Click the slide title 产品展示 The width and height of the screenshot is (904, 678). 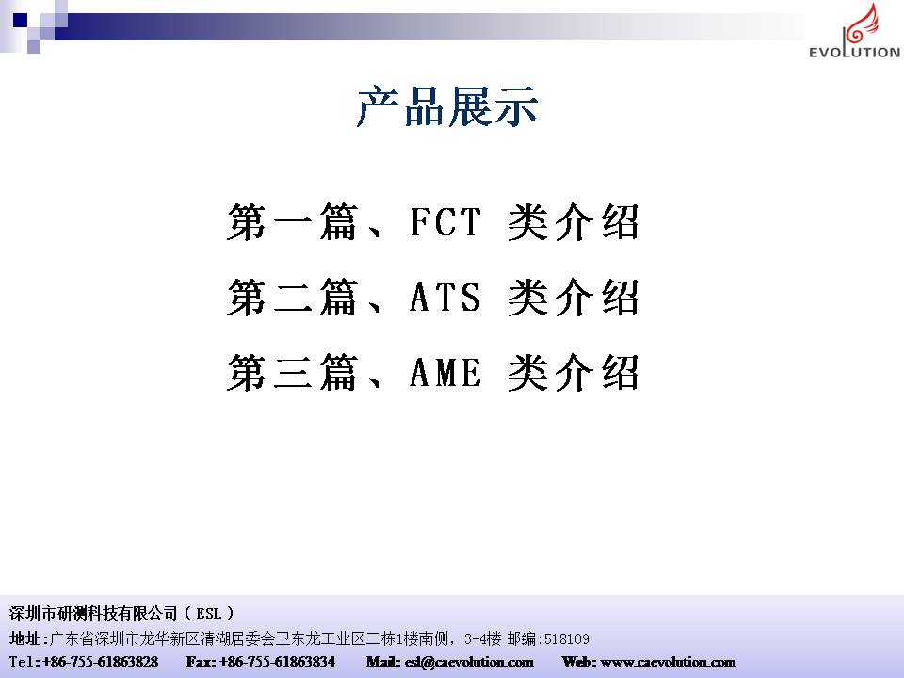(447, 106)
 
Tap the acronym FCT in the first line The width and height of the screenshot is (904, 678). (445, 221)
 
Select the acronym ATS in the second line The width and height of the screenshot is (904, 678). (445, 297)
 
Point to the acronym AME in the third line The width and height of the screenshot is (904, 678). (445, 372)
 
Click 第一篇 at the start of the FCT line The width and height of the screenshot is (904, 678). (292, 222)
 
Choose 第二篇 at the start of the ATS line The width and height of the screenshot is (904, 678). (292, 297)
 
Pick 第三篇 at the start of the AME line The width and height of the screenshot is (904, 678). (292, 373)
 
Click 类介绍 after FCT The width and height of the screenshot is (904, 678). (573, 222)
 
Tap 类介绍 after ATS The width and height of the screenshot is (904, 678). (573, 297)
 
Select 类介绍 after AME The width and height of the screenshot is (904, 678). (573, 373)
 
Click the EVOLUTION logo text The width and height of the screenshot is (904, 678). (854, 52)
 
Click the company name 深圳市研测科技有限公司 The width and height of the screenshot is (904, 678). (93, 613)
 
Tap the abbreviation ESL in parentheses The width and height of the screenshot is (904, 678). (209, 613)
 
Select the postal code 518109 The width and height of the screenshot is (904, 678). (567, 638)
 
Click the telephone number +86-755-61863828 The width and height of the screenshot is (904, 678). (101, 661)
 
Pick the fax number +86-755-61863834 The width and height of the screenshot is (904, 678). (277, 661)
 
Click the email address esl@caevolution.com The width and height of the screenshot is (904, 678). (469, 662)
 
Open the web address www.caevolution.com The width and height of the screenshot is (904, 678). (668, 662)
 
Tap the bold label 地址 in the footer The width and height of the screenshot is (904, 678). (24, 638)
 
